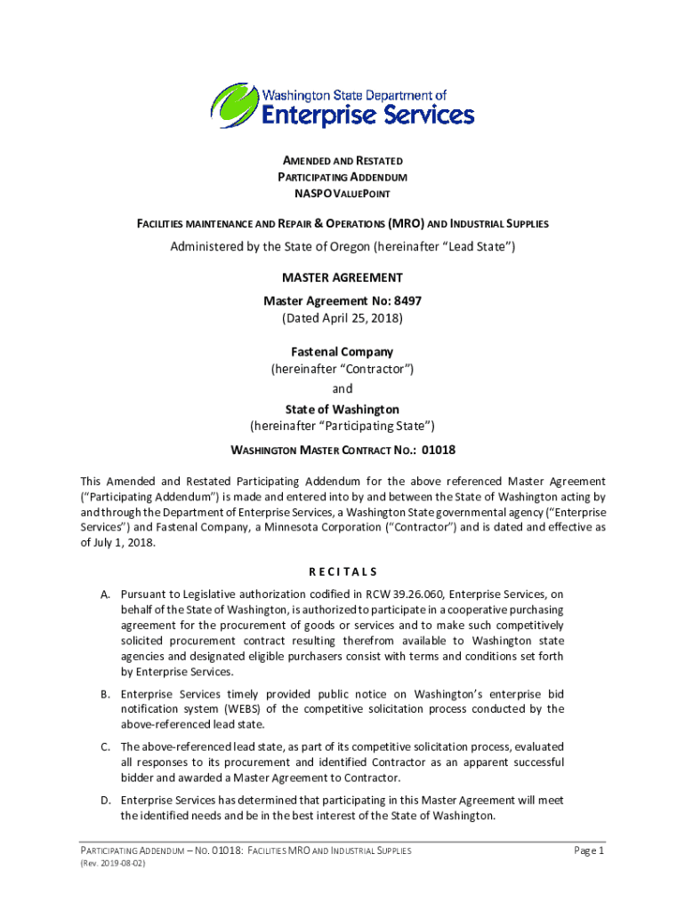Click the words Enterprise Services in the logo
[x=367, y=115]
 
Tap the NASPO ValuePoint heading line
[x=342, y=193]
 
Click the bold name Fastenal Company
[x=342, y=352]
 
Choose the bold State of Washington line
[x=342, y=409]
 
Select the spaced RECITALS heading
[x=342, y=571]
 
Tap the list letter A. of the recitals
[x=105, y=594]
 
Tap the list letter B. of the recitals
[x=105, y=693]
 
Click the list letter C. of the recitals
[x=105, y=746]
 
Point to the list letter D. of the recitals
[x=105, y=800]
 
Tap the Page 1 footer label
[x=589, y=851]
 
